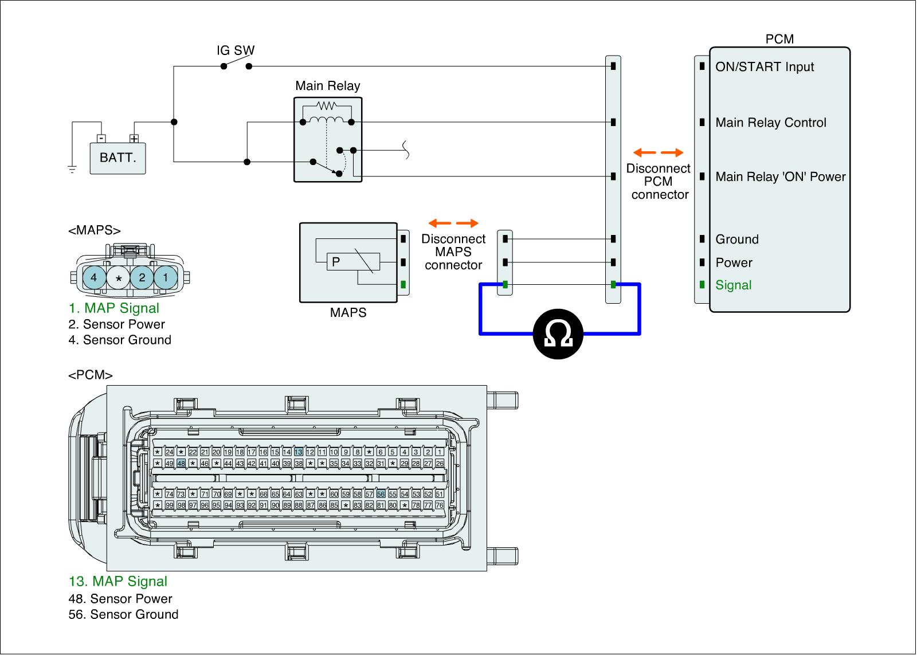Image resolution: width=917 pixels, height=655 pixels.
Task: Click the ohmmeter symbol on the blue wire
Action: pos(558,334)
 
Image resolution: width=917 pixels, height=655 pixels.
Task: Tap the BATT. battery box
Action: pos(118,158)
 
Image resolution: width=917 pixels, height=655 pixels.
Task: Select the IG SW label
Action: pos(236,50)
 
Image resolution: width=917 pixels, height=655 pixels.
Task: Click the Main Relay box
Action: pos(328,140)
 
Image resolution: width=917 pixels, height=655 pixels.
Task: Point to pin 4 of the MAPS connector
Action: pos(94,279)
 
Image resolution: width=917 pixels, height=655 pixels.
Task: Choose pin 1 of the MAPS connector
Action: pos(166,279)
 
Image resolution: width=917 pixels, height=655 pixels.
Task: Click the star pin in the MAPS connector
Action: pos(119,279)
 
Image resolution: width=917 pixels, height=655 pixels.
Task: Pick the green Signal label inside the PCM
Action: pos(733,285)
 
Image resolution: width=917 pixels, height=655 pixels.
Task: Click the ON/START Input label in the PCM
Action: pos(765,67)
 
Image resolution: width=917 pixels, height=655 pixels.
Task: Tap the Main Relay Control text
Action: pos(771,123)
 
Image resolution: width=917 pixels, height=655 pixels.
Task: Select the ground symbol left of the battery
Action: pos(72,169)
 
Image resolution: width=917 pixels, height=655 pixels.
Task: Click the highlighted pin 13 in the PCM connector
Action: pos(298,452)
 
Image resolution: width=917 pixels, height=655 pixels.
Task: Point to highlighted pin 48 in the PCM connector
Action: pos(181,463)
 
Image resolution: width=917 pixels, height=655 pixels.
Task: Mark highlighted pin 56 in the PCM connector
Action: pos(381,494)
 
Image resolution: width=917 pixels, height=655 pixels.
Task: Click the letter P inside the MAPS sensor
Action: pos(336,261)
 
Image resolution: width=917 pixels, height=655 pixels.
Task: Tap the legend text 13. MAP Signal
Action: pos(118,581)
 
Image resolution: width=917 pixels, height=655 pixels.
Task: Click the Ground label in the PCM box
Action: pos(737,240)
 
